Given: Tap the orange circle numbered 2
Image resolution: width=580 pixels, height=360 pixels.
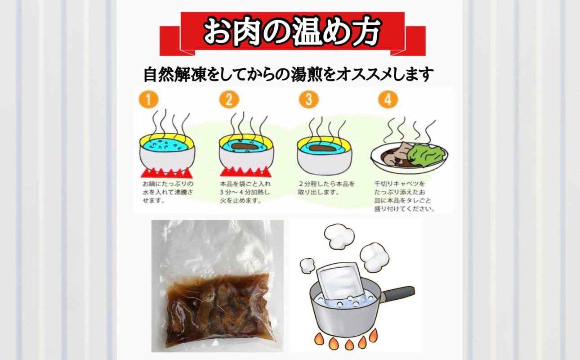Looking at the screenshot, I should [x=229, y=100].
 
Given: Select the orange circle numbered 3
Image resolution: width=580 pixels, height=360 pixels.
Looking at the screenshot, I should [x=308, y=99].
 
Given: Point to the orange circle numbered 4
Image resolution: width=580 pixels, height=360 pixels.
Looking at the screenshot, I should [x=388, y=99].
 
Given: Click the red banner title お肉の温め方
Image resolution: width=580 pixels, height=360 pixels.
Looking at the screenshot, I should [x=292, y=31].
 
